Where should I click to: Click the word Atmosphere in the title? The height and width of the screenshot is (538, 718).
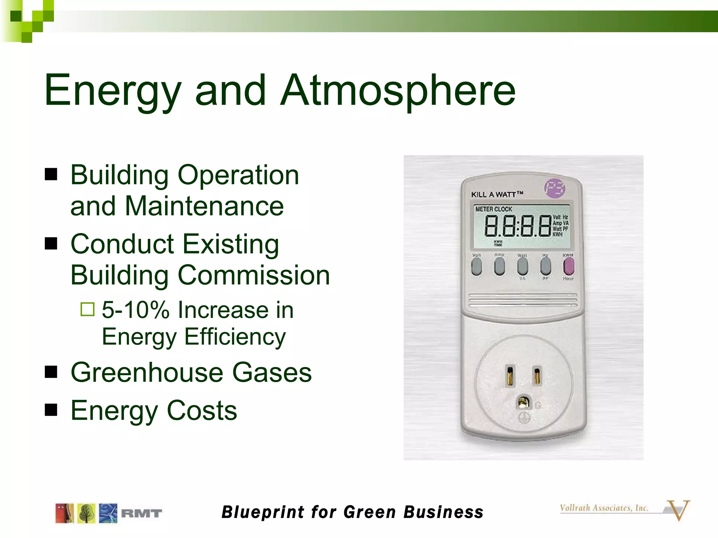coord(398,90)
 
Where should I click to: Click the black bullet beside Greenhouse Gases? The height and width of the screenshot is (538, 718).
coord(51,372)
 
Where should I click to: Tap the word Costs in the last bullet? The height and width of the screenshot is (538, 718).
coord(202,411)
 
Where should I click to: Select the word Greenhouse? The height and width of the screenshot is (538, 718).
coord(147,372)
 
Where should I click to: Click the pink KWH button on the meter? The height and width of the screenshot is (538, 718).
coord(568,267)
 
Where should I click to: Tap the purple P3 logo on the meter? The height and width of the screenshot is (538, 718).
coord(555,188)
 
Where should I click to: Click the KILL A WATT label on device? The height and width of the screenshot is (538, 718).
coord(497,194)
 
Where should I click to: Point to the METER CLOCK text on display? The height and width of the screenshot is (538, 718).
coord(494,209)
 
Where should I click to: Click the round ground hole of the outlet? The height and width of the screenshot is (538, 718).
coord(523,402)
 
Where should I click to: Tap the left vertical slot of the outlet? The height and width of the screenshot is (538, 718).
coord(510,375)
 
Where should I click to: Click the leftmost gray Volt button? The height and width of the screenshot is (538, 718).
coord(476,267)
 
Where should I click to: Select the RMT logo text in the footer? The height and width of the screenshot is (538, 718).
coord(141,513)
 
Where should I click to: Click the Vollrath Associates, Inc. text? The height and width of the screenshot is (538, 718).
coord(604,508)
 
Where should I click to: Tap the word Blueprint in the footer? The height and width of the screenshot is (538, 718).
coord(263,512)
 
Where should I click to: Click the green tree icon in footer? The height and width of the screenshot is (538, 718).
coord(86,513)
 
